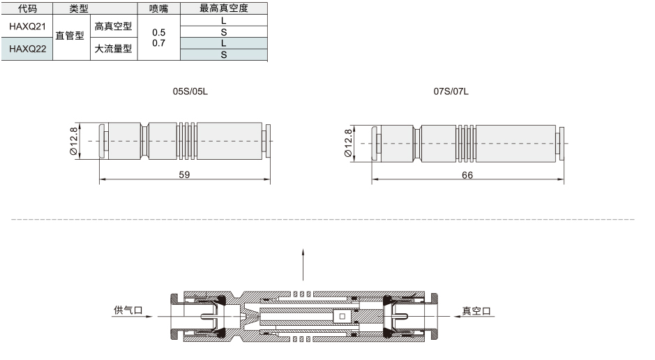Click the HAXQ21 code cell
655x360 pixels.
(27, 27)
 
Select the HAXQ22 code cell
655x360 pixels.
(27, 49)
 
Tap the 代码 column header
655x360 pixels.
(27, 8)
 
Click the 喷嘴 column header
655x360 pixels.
(159, 8)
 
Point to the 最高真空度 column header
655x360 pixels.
(224, 8)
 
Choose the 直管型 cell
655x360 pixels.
(70, 36)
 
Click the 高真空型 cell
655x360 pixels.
(113, 27)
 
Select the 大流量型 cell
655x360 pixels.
(113, 49)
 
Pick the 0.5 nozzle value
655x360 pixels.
(159, 32)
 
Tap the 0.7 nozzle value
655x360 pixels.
(159, 43)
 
